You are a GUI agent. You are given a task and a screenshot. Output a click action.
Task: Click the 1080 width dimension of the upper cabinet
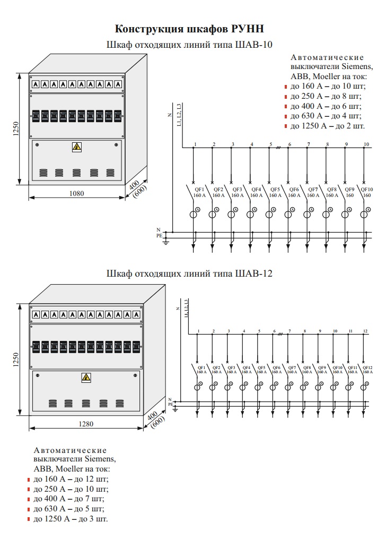point(77,194)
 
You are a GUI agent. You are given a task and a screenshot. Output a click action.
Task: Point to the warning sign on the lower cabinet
point(86,378)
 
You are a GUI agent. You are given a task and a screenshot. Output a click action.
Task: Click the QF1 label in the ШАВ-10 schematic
point(199,190)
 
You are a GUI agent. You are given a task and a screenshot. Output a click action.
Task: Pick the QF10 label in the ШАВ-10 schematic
point(367,190)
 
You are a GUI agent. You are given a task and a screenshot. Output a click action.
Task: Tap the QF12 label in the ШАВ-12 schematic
point(367,367)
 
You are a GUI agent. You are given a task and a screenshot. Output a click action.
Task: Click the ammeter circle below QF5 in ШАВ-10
point(269,214)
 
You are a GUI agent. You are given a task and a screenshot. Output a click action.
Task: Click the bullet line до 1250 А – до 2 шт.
point(328,126)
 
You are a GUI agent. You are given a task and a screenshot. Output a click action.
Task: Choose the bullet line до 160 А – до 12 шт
point(71,479)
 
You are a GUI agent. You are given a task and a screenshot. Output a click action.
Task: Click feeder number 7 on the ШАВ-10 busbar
point(308,144)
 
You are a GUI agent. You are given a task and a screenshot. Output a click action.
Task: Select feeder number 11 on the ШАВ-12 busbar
point(350,331)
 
